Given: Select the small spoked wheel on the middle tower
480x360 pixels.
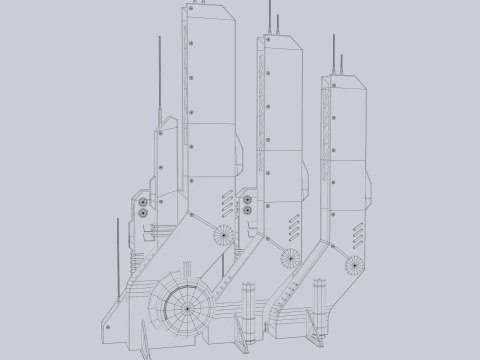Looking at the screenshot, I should click(289, 256).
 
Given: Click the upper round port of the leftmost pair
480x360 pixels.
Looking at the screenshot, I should click(143, 200).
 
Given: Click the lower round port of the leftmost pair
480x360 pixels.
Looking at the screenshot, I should click(143, 212).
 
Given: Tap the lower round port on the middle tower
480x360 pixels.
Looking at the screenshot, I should click(246, 210).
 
